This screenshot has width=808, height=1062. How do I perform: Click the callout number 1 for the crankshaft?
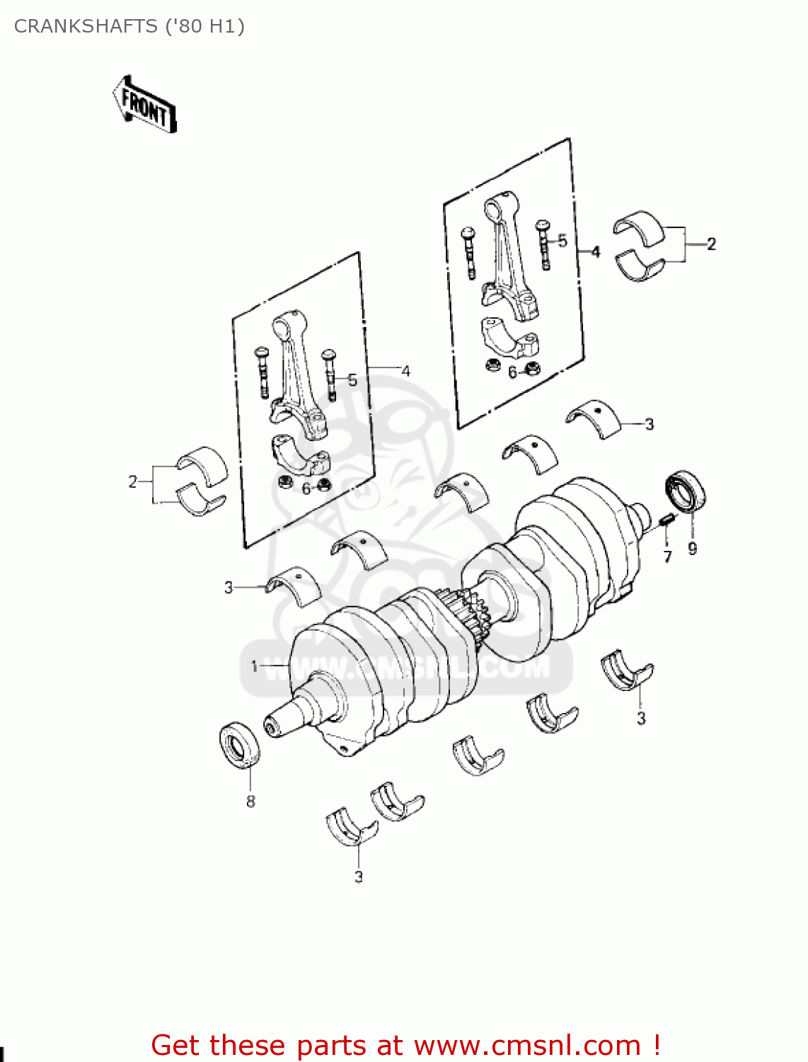pyautogui.click(x=255, y=666)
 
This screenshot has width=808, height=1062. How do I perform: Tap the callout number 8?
pyautogui.click(x=250, y=801)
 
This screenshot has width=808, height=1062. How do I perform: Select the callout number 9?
pyautogui.click(x=692, y=548)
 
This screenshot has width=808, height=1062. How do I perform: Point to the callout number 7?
pyautogui.click(x=667, y=556)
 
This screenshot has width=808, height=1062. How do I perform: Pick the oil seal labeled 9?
pyautogui.click(x=686, y=489)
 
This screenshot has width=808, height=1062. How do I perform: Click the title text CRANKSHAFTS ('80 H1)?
pyautogui.click(x=129, y=26)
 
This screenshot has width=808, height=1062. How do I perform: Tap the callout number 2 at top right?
pyautogui.click(x=711, y=244)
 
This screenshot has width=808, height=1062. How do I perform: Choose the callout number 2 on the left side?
pyautogui.click(x=132, y=482)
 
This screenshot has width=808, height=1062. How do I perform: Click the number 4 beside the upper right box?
pyautogui.click(x=596, y=252)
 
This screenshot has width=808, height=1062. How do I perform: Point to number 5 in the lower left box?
pyautogui.click(x=352, y=380)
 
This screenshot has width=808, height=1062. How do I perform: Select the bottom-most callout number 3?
pyautogui.click(x=359, y=877)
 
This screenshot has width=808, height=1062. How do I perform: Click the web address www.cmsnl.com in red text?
pyautogui.click(x=526, y=1046)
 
